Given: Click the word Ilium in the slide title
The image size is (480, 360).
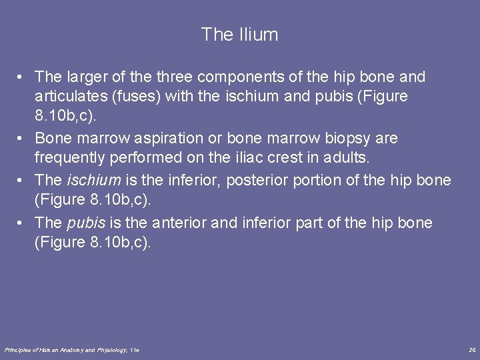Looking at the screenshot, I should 258,35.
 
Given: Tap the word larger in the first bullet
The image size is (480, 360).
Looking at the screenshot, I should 85,77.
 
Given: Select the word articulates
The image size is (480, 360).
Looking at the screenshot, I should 69,96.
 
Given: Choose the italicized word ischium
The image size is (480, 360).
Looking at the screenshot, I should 94,180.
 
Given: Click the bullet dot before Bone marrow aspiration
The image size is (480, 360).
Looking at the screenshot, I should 23,139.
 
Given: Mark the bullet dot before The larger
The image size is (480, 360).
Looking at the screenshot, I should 23,77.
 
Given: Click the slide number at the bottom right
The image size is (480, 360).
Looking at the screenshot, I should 472,349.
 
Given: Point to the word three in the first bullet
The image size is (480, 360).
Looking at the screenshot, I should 159,77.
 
